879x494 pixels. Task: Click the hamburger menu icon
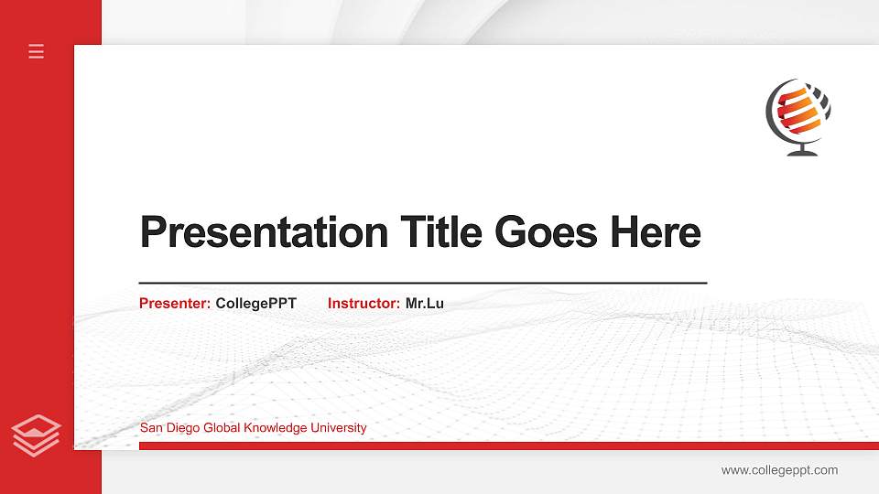37,51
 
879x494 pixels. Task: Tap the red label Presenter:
175,303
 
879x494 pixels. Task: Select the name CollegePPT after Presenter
256,303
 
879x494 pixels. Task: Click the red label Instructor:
364,303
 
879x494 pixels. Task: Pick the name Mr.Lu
425,303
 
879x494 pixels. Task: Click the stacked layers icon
37,435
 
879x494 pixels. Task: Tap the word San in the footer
150,428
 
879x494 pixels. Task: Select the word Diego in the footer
181,428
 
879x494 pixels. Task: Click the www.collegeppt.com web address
779,470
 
